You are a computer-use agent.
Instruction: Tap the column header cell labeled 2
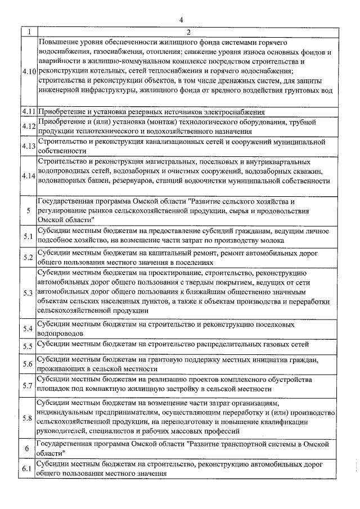coord(189,32)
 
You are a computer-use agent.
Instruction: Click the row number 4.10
coord(29,73)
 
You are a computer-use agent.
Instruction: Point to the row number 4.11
coord(29,111)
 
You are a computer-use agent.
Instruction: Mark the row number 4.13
coord(29,146)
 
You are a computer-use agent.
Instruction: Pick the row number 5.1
coord(29,236)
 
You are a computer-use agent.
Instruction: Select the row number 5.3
coord(29,294)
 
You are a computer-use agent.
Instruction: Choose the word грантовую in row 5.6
coord(175,359)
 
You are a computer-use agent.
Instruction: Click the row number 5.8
coord(29,417)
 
